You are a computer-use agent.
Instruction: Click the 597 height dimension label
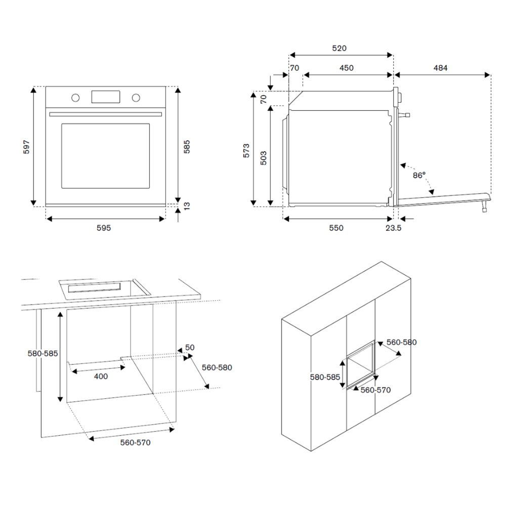pos(27,147)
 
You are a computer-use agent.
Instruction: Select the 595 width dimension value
pos(104,228)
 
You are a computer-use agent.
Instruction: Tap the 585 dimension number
pos(187,147)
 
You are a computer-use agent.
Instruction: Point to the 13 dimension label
pos(187,206)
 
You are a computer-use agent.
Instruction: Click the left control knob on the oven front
pos(75,97)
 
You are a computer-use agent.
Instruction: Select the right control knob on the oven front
pos(136,97)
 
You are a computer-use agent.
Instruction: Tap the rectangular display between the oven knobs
pos(105,97)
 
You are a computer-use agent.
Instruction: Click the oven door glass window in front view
pos(105,156)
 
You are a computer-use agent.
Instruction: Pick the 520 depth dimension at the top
pos(339,49)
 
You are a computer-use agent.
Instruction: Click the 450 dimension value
pos(346,68)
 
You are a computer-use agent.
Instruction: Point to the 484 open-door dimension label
pos(440,68)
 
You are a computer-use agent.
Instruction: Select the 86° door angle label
pos(419,175)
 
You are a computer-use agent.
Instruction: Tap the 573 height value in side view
pos(246,151)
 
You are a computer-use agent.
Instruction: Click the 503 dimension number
pos(263,158)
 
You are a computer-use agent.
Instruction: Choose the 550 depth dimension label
pos(336,228)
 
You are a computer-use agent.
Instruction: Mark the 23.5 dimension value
pos(393,228)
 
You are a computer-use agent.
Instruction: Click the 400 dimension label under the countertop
pos(101,376)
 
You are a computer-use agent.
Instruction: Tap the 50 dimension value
pos(190,347)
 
